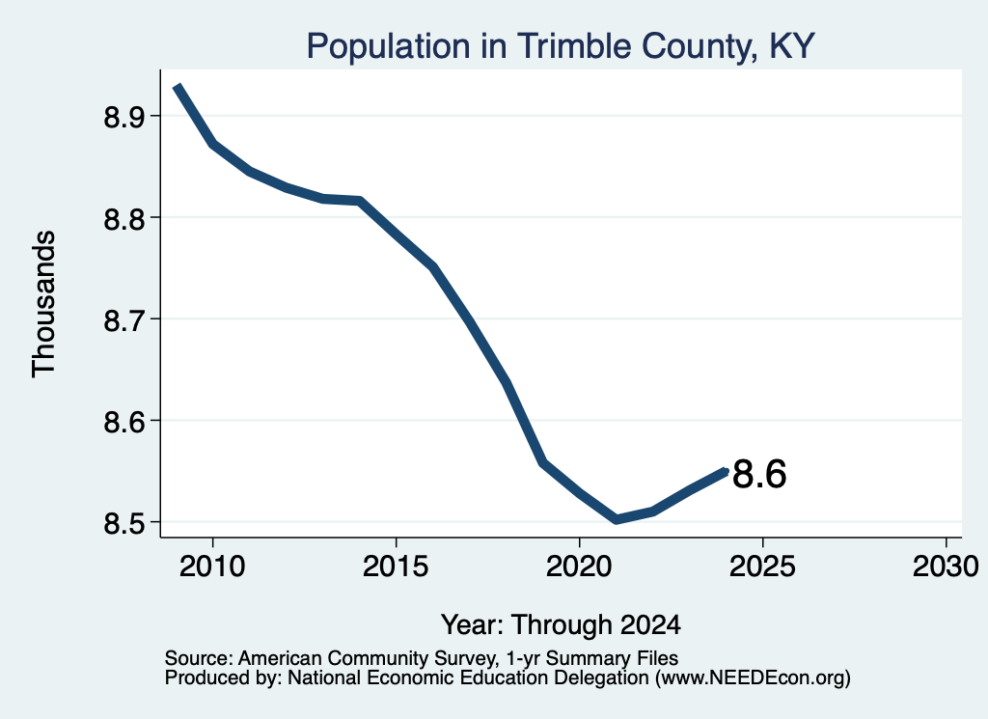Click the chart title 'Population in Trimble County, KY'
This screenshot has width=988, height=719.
561,46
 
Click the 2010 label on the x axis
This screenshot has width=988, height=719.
212,566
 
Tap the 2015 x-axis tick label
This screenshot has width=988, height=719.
396,566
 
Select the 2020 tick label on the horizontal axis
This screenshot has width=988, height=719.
579,566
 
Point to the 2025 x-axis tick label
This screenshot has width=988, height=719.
762,566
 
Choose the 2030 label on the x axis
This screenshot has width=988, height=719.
946,566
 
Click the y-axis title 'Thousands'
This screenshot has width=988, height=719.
43,304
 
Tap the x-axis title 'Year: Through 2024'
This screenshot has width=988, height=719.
561,624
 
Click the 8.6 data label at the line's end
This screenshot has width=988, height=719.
759,474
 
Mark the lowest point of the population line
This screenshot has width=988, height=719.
616,520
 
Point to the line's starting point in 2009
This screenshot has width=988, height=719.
178,86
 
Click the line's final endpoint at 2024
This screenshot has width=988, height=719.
727,471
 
